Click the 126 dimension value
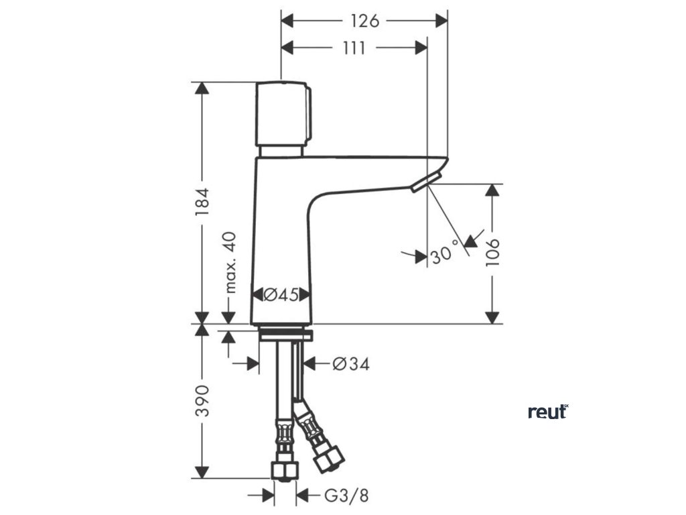364,21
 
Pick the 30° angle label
445,255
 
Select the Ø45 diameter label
281,294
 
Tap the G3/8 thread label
346,496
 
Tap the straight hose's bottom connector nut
283,469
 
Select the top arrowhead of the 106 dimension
492,190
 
